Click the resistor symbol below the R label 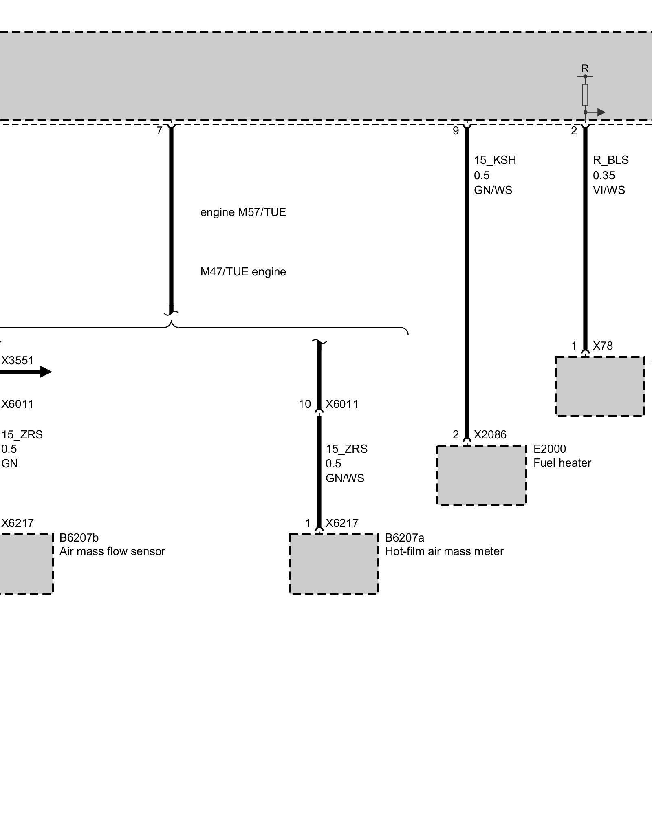point(585,95)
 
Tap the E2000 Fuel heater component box point(482,475)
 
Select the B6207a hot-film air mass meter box point(334,564)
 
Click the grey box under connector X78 point(600,386)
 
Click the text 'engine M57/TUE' point(243,212)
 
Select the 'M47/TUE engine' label point(243,272)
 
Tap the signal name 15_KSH point(495,160)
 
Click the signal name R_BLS point(610,160)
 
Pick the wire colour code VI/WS point(609,190)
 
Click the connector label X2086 point(490,435)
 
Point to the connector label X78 point(603,346)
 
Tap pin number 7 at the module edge point(159,131)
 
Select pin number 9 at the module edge point(456,131)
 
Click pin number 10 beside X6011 point(305,404)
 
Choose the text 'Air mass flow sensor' point(112,551)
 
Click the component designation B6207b point(79,538)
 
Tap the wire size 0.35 point(604,176)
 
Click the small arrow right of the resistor point(601,112)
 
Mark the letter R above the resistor point(585,68)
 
